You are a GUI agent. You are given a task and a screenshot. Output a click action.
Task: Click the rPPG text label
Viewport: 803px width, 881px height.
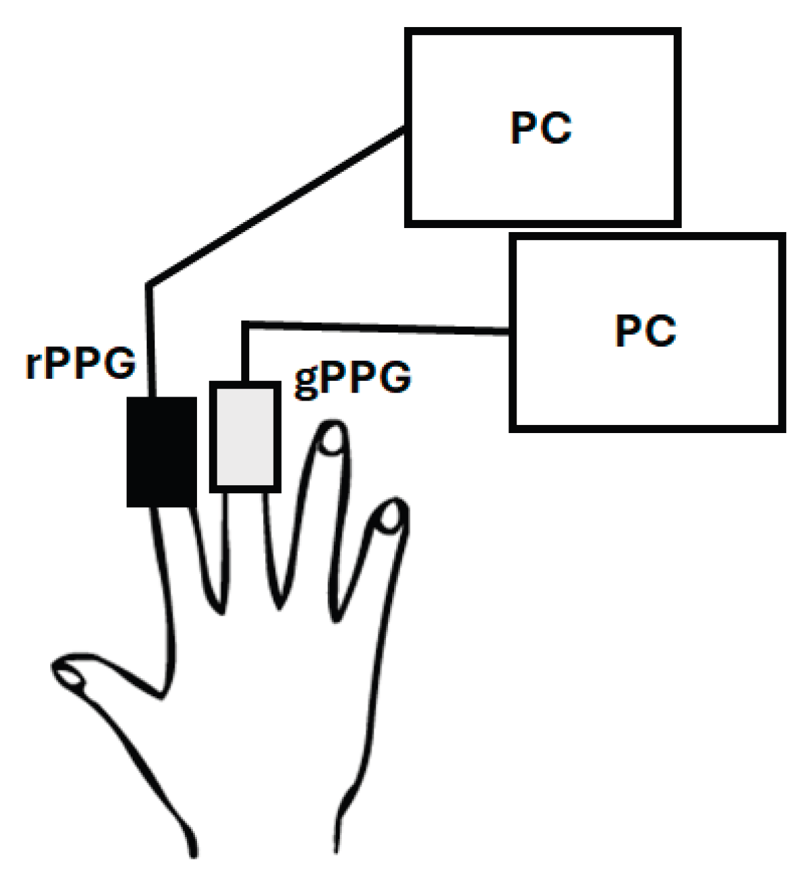coord(81,364)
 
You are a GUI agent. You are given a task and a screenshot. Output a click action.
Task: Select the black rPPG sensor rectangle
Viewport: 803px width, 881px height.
coord(162,451)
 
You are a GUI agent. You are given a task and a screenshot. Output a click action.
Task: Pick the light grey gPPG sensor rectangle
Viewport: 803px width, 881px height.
coord(245,436)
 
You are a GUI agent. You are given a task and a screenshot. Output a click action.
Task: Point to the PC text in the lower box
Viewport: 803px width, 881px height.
coord(645,331)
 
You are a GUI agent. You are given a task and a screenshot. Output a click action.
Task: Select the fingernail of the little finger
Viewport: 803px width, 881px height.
coord(389,518)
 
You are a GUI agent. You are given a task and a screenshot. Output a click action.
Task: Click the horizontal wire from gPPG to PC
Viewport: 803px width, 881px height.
coord(376,327)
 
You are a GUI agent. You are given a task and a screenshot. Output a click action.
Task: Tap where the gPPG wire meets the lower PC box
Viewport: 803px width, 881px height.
coord(511,331)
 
